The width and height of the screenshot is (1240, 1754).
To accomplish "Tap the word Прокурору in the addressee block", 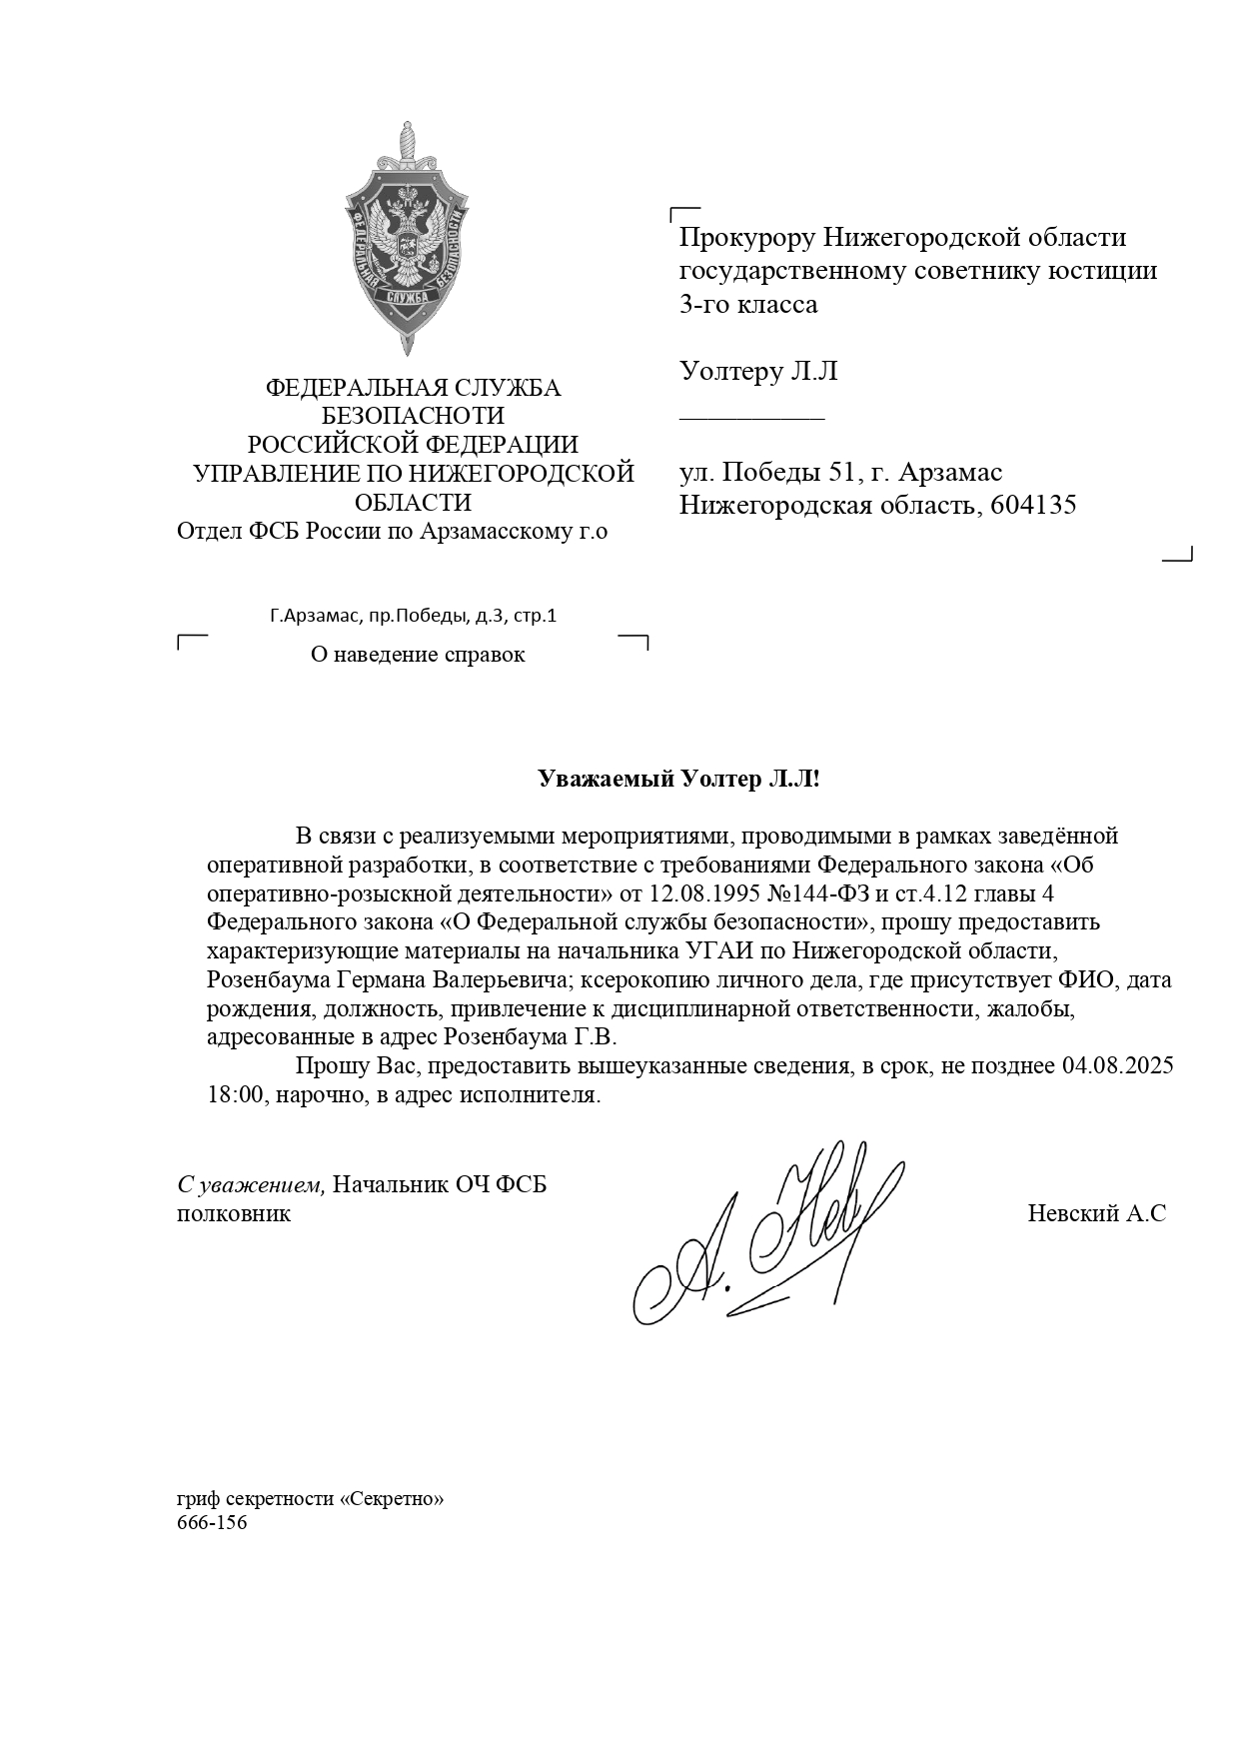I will [746, 238].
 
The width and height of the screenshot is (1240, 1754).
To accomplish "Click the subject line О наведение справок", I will [418, 655].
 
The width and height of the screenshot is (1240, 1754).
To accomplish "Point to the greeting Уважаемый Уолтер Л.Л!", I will [678, 780].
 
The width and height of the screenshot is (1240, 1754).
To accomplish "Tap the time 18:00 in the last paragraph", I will [234, 1094].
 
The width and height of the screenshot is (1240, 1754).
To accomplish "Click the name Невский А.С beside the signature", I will [1096, 1214].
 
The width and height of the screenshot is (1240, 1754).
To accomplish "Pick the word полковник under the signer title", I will [234, 1214].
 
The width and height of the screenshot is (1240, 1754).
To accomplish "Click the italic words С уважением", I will [251, 1185].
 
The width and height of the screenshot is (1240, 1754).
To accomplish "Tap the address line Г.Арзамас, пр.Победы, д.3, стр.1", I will [413, 616].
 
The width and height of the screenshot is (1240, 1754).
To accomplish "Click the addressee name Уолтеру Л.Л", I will [757, 372].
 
